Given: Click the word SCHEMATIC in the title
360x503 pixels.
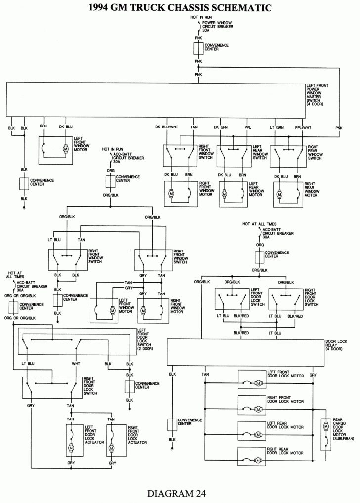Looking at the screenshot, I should tap(232, 7).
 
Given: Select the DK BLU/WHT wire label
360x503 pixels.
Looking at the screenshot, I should tap(166, 127).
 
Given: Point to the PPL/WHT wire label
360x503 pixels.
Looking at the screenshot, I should tap(303, 127).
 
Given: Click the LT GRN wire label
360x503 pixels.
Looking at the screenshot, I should tap(276, 127).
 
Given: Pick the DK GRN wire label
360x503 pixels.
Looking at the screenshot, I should tap(221, 127).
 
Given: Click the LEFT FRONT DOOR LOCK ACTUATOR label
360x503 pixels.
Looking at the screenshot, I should tap(93, 433).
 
